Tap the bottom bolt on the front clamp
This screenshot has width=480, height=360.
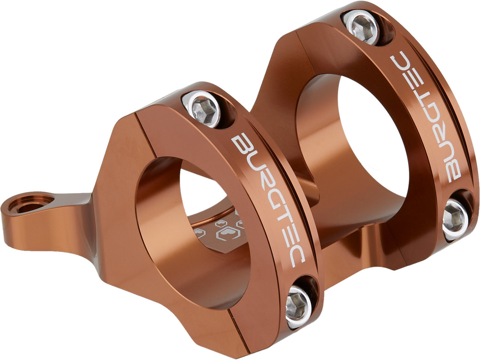[x=298, y=307]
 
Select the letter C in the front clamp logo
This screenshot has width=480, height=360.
[x=296, y=258]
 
